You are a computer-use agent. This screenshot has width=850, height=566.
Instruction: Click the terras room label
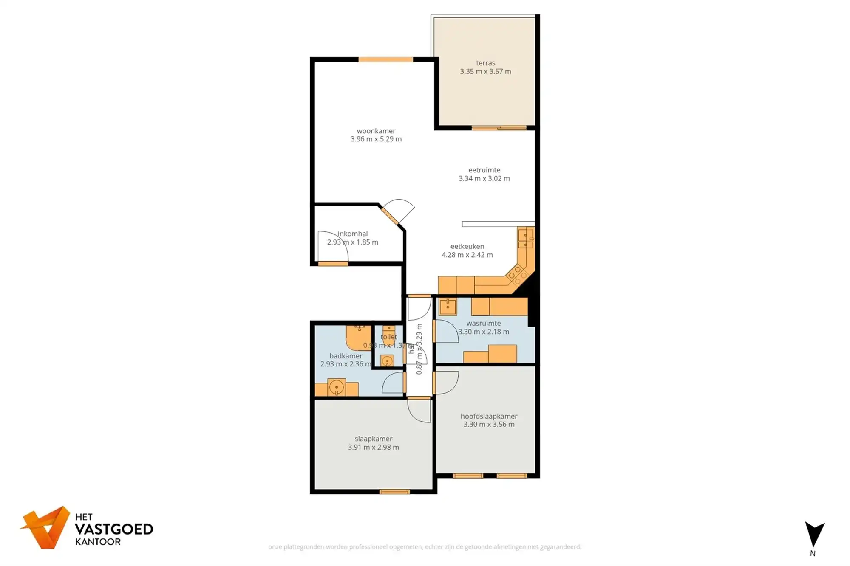tap(485, 63)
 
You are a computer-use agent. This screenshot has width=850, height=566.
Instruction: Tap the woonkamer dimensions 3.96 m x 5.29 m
tap(376, 139)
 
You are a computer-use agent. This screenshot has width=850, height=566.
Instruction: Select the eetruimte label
tap(484, 170)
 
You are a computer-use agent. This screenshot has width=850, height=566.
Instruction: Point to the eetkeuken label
tap(467, 247)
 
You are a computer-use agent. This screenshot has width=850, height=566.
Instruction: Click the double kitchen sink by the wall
tap(525, 239)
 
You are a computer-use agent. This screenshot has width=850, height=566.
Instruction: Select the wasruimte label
tap(483, 324)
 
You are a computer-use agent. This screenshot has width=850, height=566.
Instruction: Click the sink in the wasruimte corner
tap(448, 307)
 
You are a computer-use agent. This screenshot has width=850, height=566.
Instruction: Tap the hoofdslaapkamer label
tap(489, 417)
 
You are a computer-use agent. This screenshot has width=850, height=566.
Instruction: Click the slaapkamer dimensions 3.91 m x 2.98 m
tap(373, 448)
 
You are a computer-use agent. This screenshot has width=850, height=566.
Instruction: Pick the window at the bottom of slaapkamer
tap(394, 492)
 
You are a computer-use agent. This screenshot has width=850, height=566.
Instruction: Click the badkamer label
tap(346, 356)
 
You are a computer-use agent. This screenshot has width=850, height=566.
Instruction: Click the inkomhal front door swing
tap(333, 248)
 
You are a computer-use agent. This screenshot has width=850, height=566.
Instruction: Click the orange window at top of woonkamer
tap(385, 60)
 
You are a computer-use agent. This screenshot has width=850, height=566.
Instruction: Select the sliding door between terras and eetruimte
tap(499, 128)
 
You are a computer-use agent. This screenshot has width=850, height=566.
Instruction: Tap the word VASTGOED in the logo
tap(114, 529)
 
